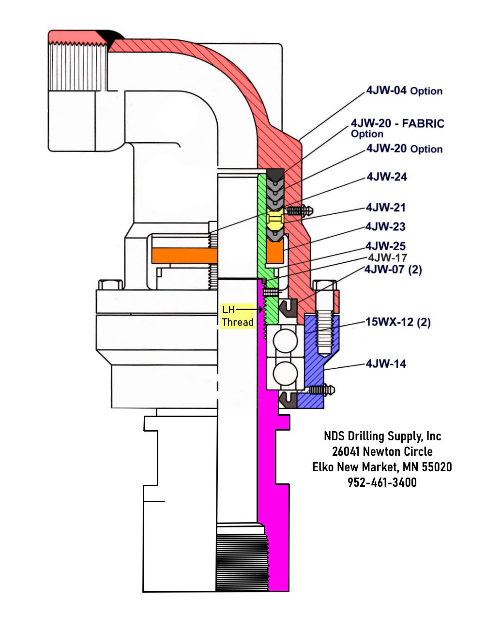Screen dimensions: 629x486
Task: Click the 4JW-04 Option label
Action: [x=404, y=91]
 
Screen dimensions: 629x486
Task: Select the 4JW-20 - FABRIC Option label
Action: [x=397, y=128]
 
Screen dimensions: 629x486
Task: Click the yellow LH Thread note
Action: [x=238, y=316]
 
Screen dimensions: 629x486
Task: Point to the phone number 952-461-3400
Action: [x=382, y=482]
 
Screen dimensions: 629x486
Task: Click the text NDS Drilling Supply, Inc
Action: [x=382, y=436]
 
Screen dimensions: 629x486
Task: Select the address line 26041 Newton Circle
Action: [x=382, y=452]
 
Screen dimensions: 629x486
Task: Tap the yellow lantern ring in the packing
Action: [x=275, y=219]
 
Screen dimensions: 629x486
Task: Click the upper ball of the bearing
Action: [x=286, y=340]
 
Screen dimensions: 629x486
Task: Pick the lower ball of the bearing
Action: [x=286, y=374]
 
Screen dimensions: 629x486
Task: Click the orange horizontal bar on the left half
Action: [x=184, y=255]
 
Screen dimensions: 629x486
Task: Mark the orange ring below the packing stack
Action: [x=275, y=251]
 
